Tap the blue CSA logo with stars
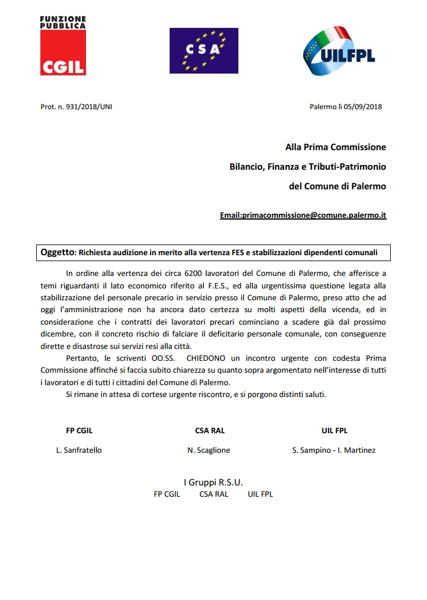pyautogui.click(x=203, y=50)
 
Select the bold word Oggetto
pyautogui.click(x=58, y=252)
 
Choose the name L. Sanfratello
pyautogui.click(x=79, y=450)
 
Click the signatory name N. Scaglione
pyautogui.click(x=209, y=450)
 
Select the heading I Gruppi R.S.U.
pyautogui.click(x=213, y=482)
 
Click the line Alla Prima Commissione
pyautogui.click(x=336, y=147)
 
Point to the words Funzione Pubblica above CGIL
pyautogui.click(x=62, y=23)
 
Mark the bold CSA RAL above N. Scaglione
pyautogui.click(x=210, y=431)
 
